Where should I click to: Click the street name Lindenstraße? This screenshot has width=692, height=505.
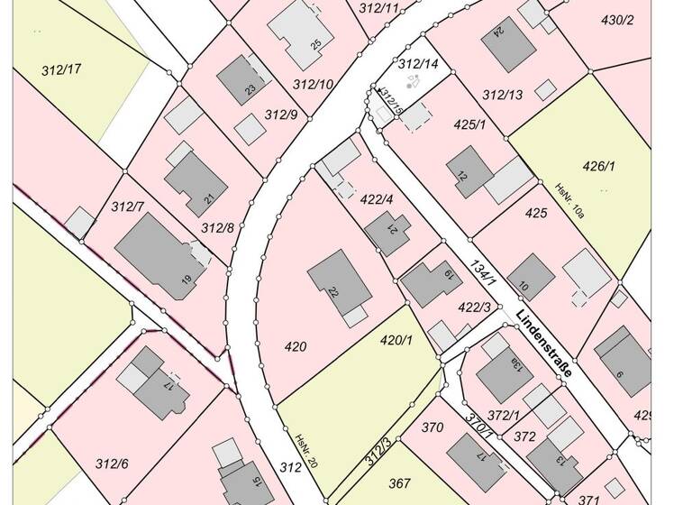[545, 344]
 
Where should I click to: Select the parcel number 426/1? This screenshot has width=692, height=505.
[598, 166]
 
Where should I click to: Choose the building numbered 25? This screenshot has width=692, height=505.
[302, 32]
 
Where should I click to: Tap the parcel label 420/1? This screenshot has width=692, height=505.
[396, 340]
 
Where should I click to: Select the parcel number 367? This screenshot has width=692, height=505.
[399, 482]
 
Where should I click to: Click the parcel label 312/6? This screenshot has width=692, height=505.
[112, 464]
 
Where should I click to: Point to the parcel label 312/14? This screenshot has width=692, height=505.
[417, 64]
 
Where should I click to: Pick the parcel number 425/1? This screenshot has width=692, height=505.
[469, 124]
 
